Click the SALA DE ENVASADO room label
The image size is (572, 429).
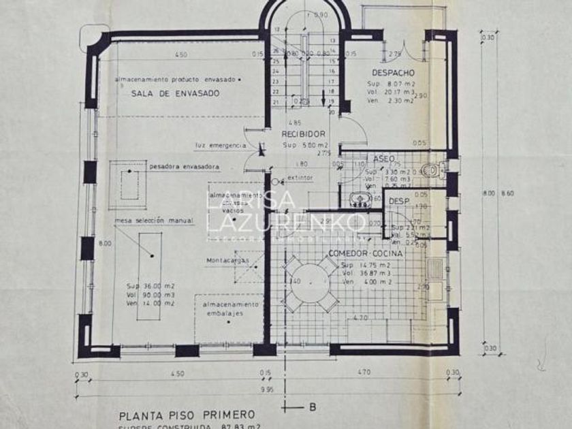[x=176, y=94]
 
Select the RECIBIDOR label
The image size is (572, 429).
[x=303, y=134]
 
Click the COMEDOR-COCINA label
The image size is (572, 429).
[x=366, y=253]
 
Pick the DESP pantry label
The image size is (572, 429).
[x=398, y=202]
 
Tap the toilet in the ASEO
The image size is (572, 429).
[x=433, y=170]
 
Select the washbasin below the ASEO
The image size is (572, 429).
[x=358, y=199]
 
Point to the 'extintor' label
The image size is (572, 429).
[x=300, y=178]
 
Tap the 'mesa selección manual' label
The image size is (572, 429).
[x=155, y=221]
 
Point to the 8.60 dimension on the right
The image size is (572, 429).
[x=508, y=194]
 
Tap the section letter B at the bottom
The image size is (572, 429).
[x=312, y=408]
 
